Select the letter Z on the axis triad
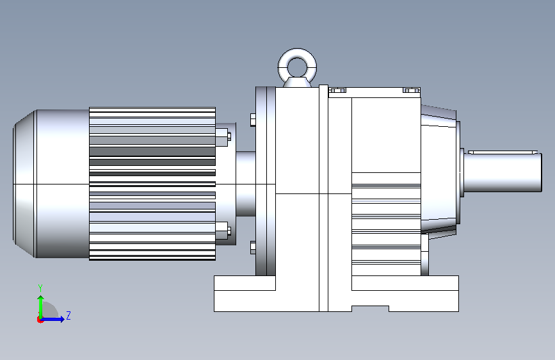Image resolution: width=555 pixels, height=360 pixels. [68, 315]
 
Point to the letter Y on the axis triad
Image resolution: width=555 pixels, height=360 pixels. [40, 288]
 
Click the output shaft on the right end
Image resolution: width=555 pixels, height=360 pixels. [503, 172]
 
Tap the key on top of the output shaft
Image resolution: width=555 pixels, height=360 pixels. [503, 152]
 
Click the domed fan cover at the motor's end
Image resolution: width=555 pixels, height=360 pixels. [25, 184]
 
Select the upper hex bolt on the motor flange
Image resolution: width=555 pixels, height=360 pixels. [223, 138]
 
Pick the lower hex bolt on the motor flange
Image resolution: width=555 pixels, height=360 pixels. [223, 231]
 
